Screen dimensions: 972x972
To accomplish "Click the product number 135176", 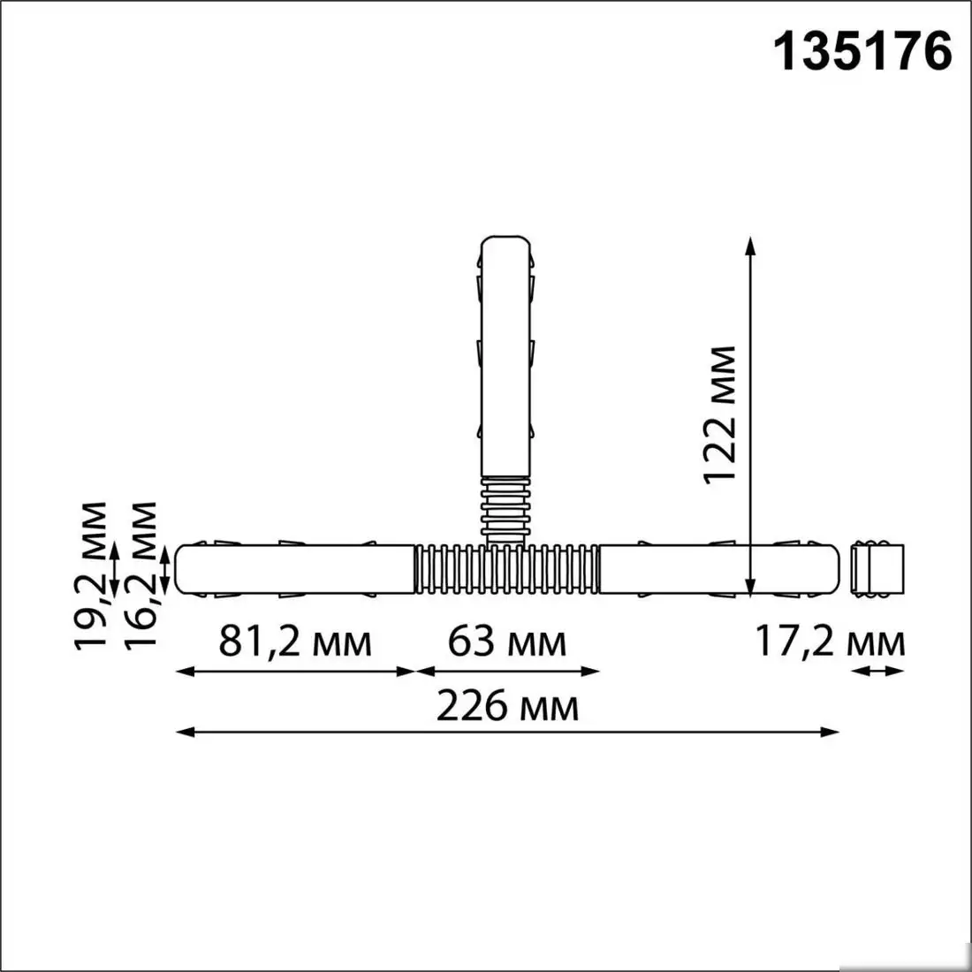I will pyautogui.click(x=863, y=51).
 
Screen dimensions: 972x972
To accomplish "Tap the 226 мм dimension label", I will pyautogui.click(x=507, y=706).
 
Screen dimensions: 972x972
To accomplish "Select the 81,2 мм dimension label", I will pyautogui.click(x=295, y=642).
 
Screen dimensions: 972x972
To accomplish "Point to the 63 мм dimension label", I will pyautogui.click(x=506, y=642).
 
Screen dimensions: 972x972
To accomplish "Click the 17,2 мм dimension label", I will pyautogui.click(x=830, y=642).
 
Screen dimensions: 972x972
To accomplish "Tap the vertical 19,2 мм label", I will pyautogui.click(x=91, y=576).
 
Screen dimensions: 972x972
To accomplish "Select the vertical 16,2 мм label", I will pyautogui.click(x=140, y=576).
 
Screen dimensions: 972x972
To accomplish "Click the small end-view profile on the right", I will pyautogui.click(x=877, y=570).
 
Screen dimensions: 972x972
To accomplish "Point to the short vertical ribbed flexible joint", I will pyautogui.click(x=507, y=508).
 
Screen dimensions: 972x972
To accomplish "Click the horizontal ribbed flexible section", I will pyautogui.click(x=507, y=570).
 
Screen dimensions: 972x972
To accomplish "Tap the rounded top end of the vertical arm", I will pyautogui.click(x=507, y=243).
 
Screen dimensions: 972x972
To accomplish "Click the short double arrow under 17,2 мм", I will pyautogui.click(x=877, y=672).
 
